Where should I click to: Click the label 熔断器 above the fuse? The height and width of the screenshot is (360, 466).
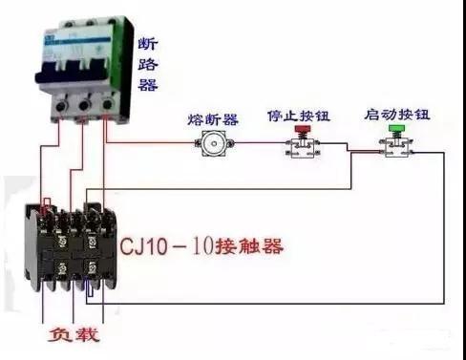point(213,119)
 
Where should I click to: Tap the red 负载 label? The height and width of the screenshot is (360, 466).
point(73,337)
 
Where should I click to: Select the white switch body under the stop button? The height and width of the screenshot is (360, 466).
point(303,148)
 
